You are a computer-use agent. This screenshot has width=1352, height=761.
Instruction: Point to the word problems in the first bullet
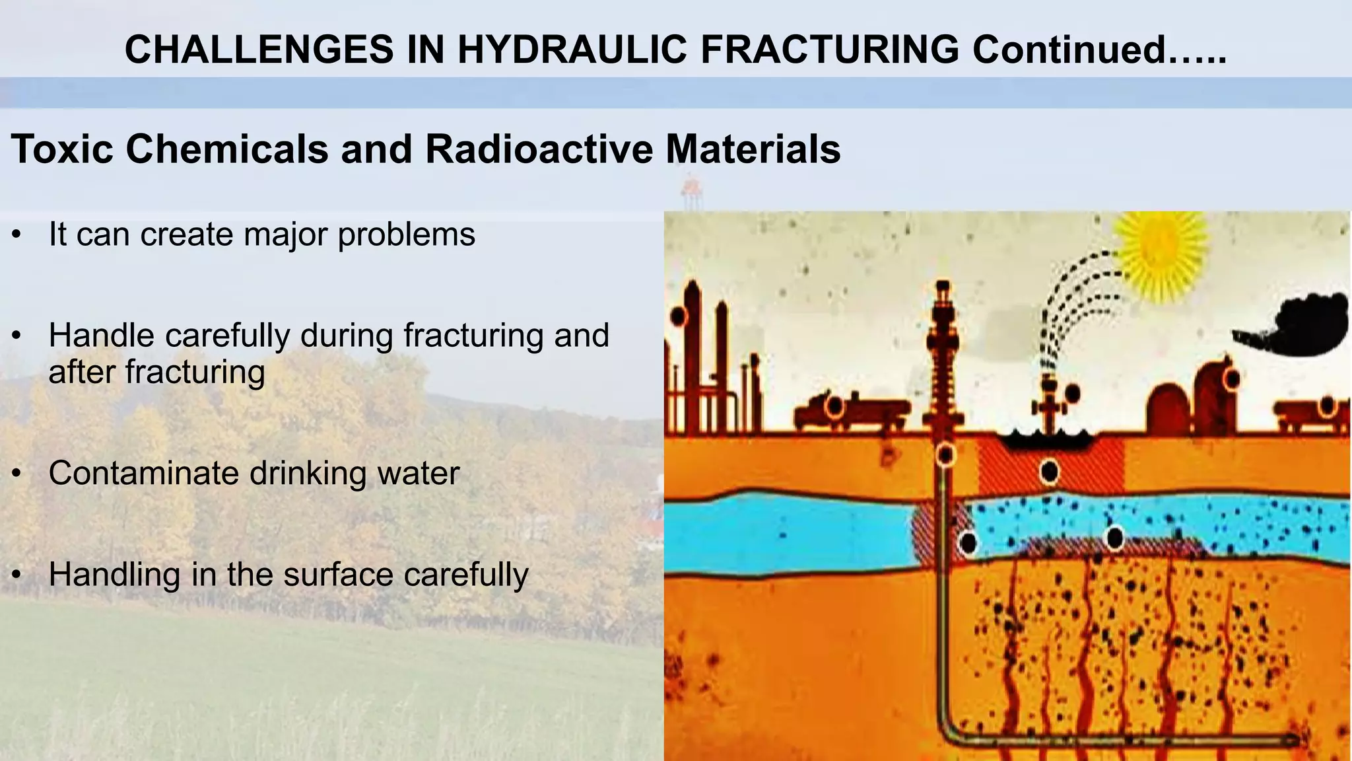coord(406,235)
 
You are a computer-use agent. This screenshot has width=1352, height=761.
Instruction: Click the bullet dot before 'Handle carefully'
coord(18,336)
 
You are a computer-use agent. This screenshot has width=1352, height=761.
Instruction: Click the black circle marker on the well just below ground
coord(945,454)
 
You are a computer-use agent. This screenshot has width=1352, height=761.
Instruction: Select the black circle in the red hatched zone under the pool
coord(1049,472)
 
